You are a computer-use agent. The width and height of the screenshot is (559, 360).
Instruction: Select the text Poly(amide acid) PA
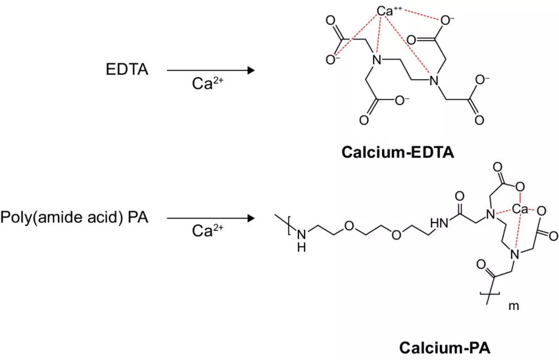coord(74,217)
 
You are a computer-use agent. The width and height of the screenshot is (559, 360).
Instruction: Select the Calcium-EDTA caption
coord(398,153)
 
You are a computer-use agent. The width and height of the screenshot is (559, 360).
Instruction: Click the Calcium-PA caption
coord(445,347)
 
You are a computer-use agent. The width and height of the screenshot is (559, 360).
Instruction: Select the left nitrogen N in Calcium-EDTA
coord(377,61)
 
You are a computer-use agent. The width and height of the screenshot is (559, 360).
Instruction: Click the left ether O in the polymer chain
coord(348,226)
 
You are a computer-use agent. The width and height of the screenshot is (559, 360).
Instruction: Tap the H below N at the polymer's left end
coord(301,247)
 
